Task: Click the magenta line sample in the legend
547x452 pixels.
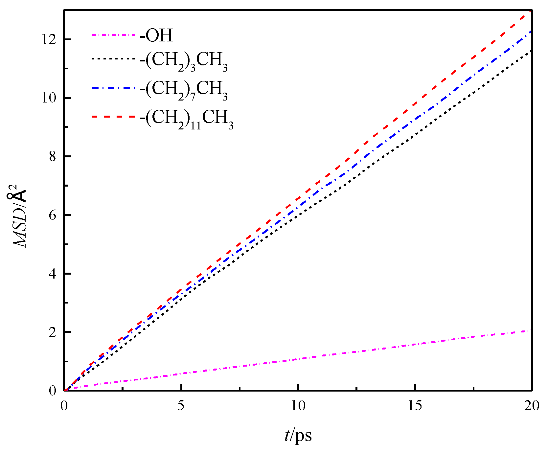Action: (113, 34)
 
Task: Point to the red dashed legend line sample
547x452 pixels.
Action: (113, 116)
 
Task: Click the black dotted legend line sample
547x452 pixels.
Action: (113, 59)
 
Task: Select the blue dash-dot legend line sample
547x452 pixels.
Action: (113, 88)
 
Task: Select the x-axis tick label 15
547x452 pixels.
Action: (415, 406)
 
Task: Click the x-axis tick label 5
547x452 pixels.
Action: (181, 406)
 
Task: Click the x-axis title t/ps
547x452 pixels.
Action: (298, 436)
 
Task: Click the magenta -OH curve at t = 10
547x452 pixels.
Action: (298, 359)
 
